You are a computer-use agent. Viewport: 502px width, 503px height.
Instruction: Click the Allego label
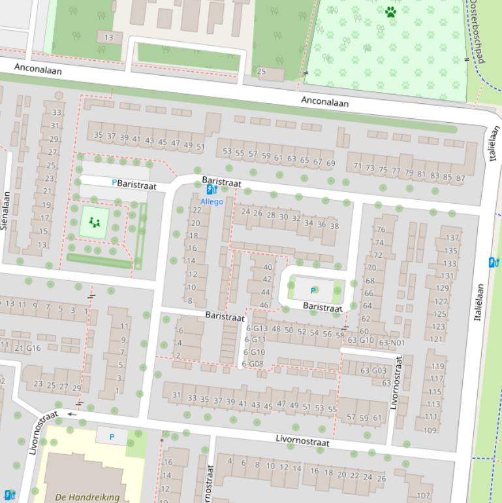click(x=212, y=202)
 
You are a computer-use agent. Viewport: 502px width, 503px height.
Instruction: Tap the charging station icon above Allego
click(x=211, y=189)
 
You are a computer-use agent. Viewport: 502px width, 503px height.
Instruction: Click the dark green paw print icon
click(x=390, y=12)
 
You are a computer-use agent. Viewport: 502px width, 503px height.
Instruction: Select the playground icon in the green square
click(x=95, y=223)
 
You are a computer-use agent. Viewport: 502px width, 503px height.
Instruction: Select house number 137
click(x=452, y=238)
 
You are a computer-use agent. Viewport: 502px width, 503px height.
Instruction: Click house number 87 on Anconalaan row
click(x=461, y=178)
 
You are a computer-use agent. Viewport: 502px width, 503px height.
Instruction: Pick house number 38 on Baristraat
click(x=334, y=226)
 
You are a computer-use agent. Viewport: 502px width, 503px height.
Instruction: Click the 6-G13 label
click(x=256, y=329)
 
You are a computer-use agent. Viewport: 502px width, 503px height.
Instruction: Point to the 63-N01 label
click(x=392, y=342)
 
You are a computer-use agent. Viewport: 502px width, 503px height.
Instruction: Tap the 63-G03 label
click(x=374, y=370)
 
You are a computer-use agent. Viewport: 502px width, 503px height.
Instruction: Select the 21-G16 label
click(x=27, y=348)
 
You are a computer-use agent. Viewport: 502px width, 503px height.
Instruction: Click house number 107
click(x=424, y=495)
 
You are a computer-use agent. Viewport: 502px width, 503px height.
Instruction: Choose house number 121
click(x=436, y=338)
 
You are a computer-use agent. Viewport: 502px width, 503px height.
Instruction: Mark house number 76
click(x=381, y=230)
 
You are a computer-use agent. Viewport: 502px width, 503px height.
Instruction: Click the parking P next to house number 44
click(x=313, y=291)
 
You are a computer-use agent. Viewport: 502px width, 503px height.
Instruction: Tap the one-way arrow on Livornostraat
click(x=72, y=414)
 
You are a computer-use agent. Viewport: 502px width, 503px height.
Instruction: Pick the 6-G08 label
click(x=253, y=364)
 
